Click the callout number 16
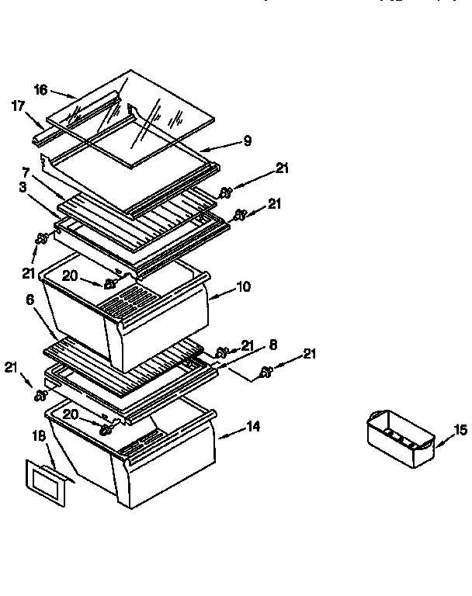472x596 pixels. click(40, 89)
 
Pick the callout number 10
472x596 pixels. click(243, 287)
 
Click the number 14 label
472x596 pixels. click(253, 425)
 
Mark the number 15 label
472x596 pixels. click(460, 429)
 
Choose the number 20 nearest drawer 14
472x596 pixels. click(71, 415)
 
